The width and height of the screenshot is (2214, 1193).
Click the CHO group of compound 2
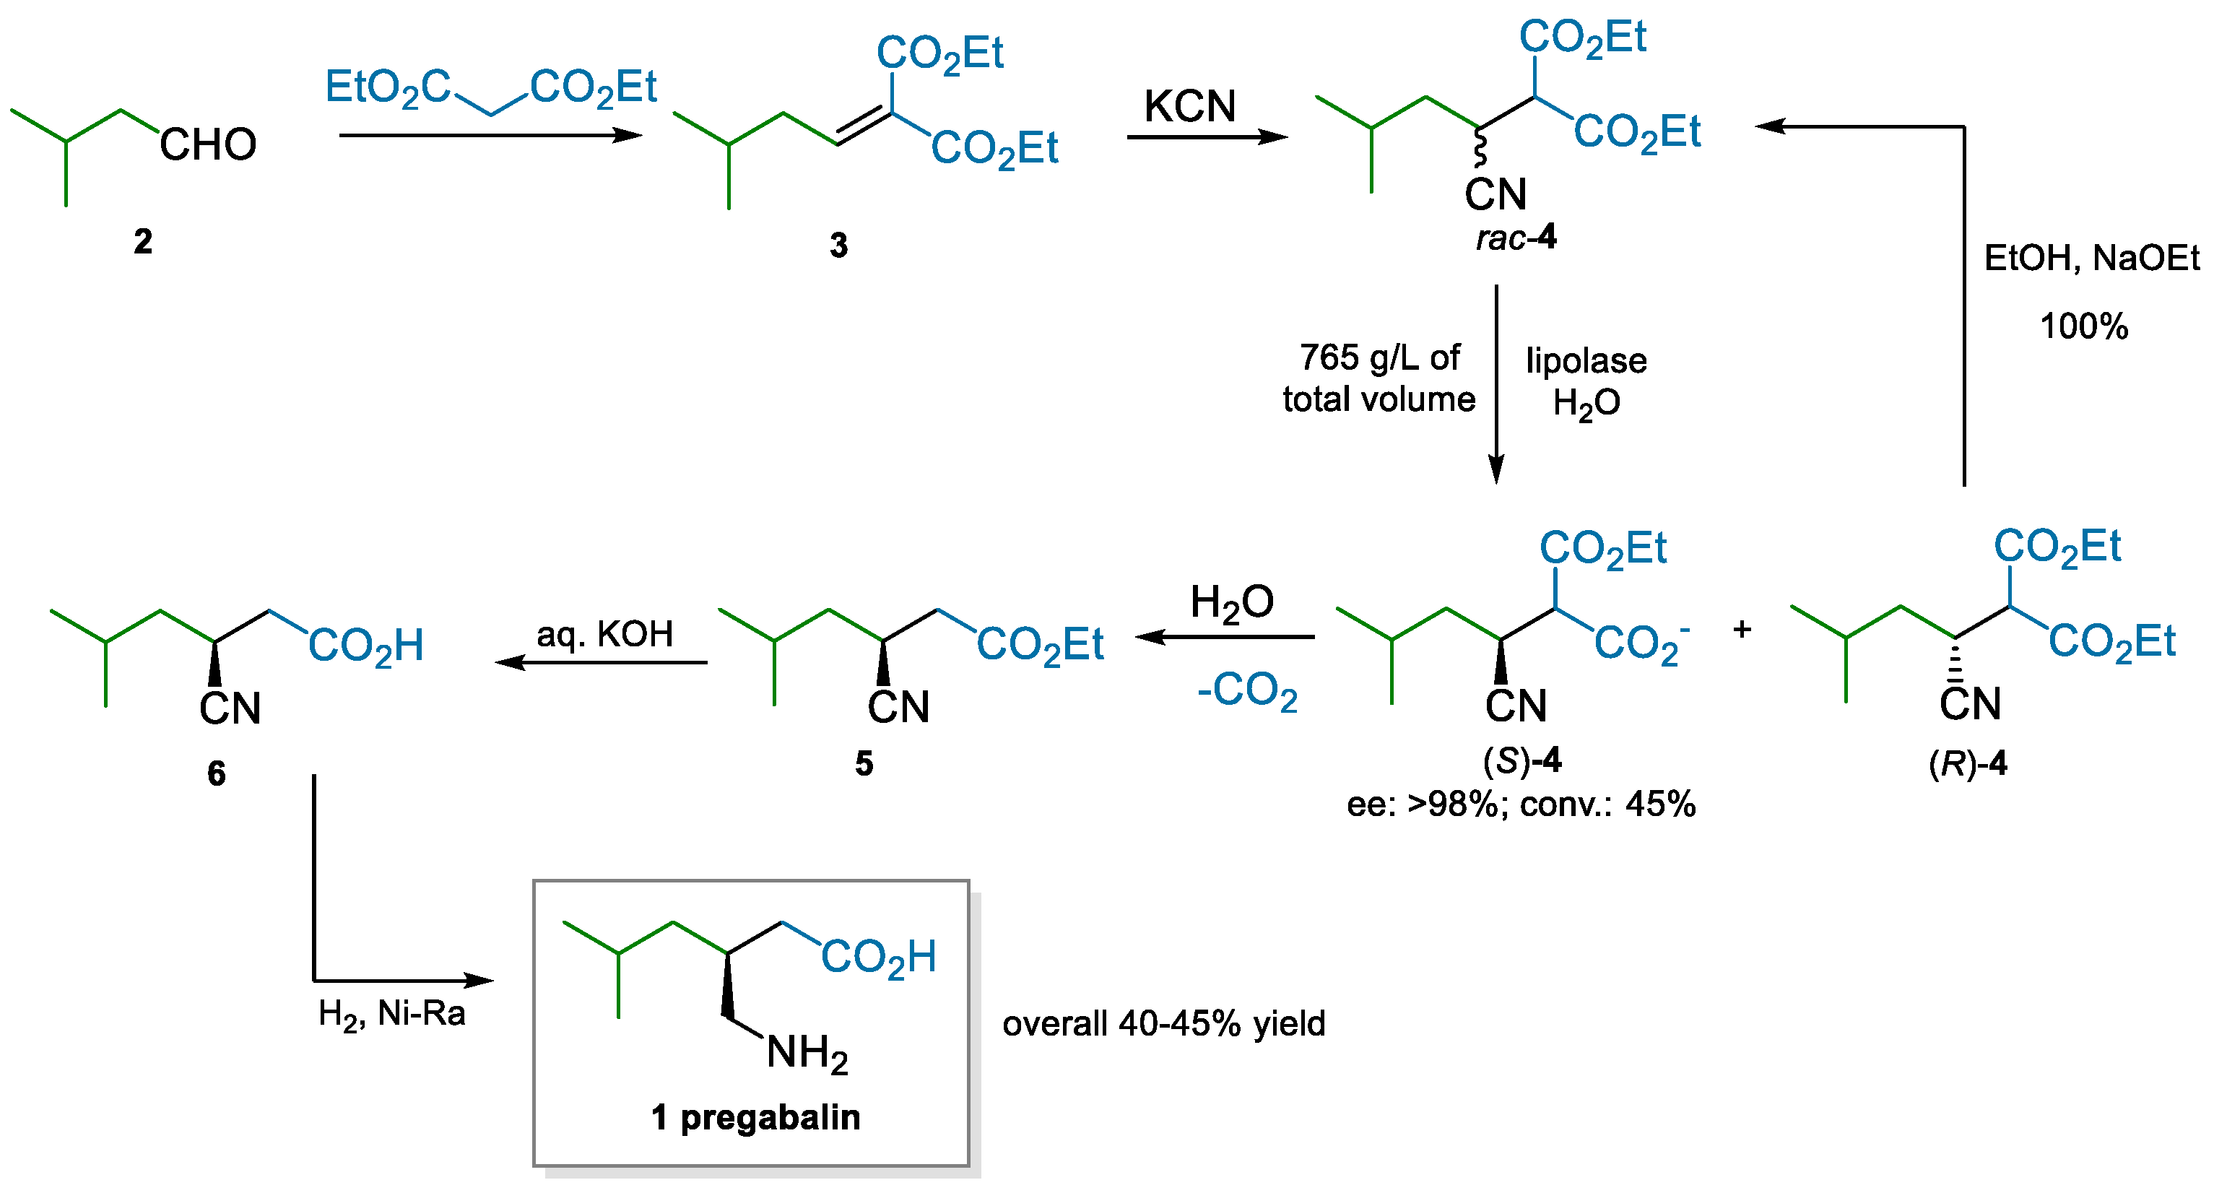pos(208,144)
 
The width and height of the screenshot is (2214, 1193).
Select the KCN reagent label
pos(1189,107)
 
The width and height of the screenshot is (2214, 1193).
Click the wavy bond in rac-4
pos(1480,148)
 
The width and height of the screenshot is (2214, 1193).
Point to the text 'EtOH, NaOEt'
pos(2091,258)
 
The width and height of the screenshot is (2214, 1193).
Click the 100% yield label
pos(2083,326)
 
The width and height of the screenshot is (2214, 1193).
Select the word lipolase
pos(1586,360)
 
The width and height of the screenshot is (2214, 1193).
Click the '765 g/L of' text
pos(1379,357)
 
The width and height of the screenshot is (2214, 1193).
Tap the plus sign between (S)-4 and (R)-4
pos(1742,629)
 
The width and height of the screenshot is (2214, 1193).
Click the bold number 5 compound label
pos(864,763)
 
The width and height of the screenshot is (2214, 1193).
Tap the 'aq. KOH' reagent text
pos(604,634)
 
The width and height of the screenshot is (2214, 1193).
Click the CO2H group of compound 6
pos(366,646)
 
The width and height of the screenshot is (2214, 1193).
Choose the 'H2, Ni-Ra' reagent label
pos(391,1014)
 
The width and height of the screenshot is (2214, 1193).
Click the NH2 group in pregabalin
pos(806,1054)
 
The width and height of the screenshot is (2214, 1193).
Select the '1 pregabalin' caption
pos(755,1117)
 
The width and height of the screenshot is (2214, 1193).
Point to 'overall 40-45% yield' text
pos(1164,1024)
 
